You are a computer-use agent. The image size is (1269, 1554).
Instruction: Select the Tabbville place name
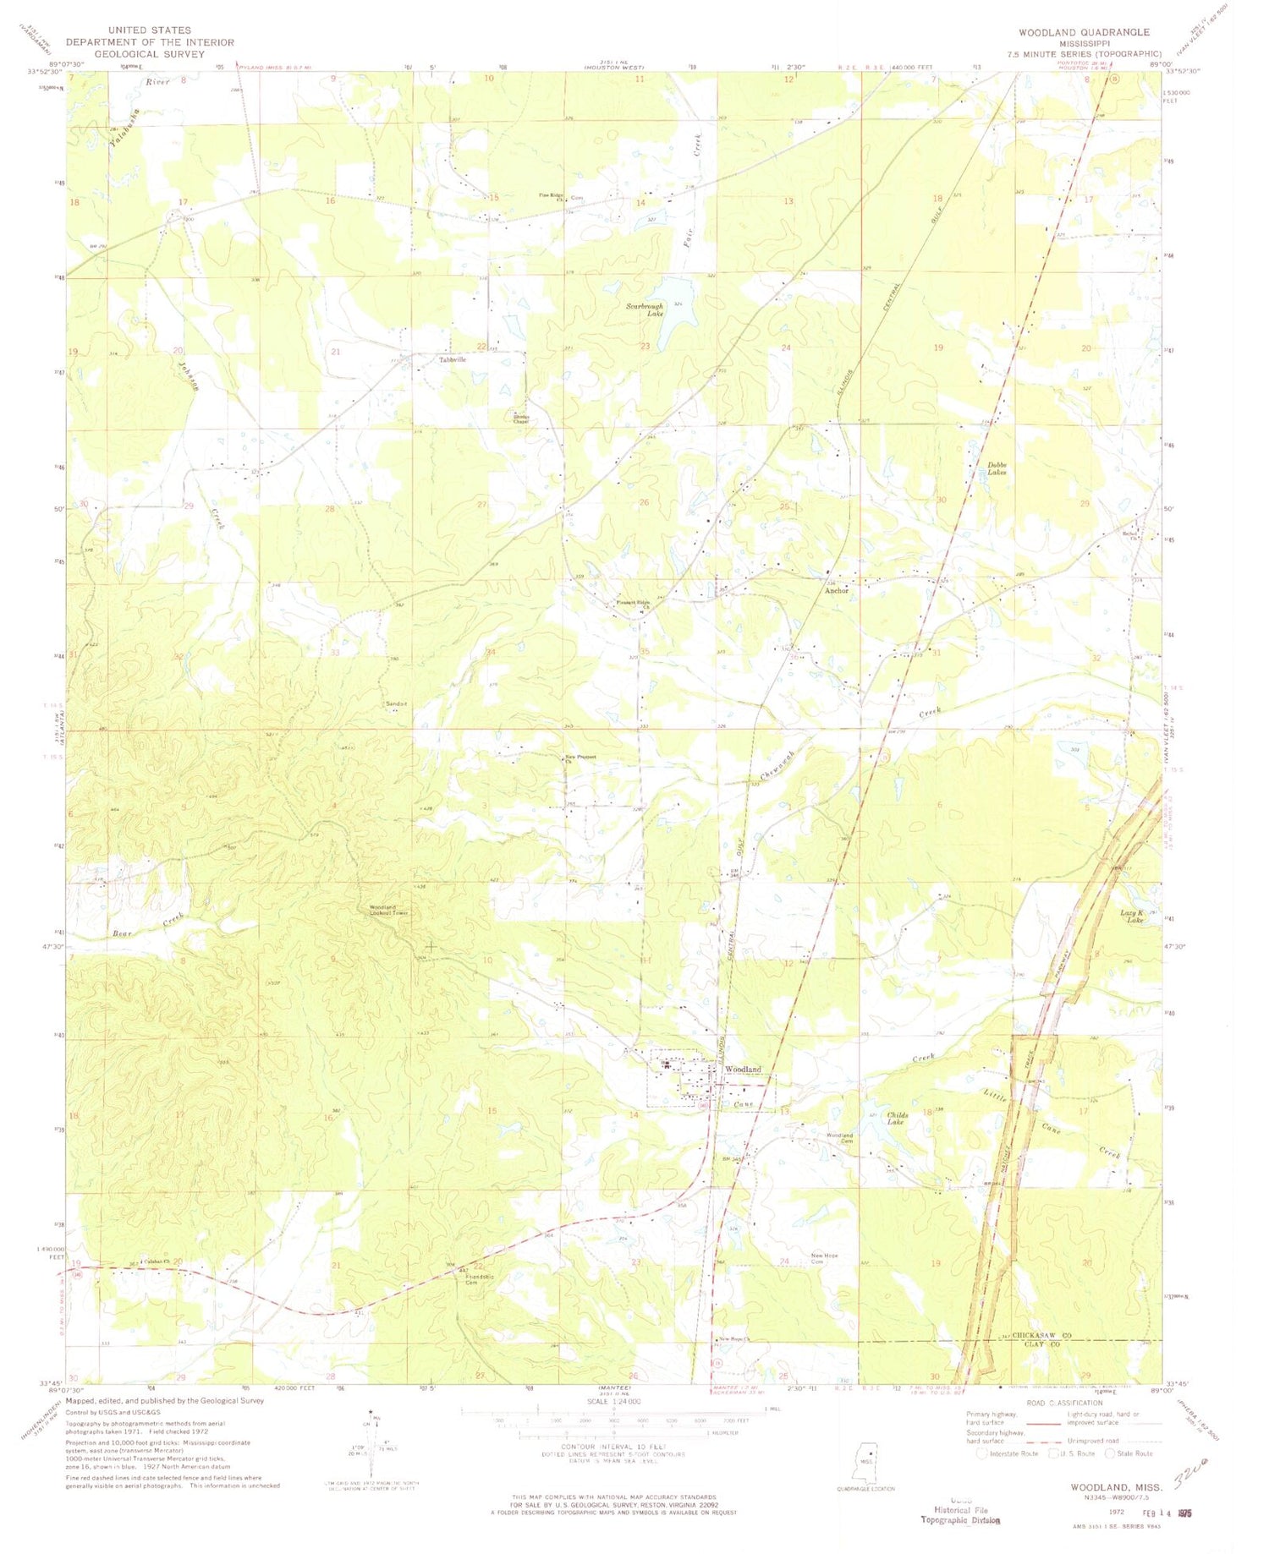(453, 359)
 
